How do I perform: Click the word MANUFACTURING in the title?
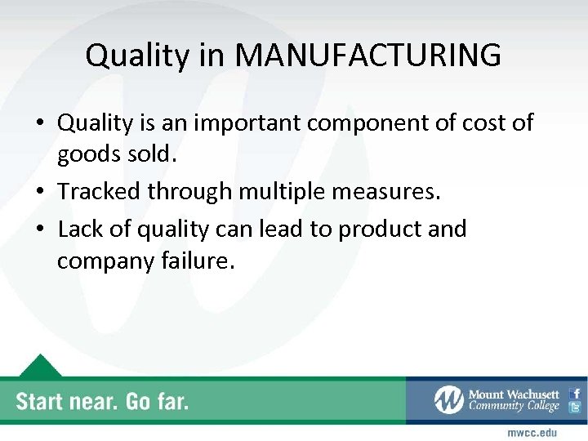point(368,56)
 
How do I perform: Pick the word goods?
point(89,157)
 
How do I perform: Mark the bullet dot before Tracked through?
point(40,193)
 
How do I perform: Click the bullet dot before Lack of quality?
point(40,229)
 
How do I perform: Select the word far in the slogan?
point(168,401)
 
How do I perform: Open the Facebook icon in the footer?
point(575,393)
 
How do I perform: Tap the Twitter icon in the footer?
point(575,408)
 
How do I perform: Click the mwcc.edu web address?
point(532,432)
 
